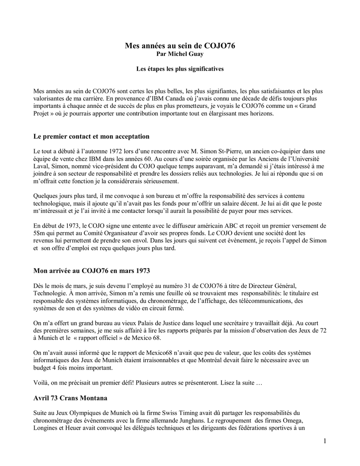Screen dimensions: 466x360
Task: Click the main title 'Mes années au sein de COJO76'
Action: point(180,46)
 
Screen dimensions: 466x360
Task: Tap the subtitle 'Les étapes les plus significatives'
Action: point(180,69)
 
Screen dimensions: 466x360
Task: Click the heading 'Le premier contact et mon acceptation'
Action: point(91,137)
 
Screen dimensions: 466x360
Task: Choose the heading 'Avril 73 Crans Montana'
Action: point(71,398)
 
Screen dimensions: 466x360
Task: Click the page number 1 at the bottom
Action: point(325,440)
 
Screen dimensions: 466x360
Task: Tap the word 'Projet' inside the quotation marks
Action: point(43,114)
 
